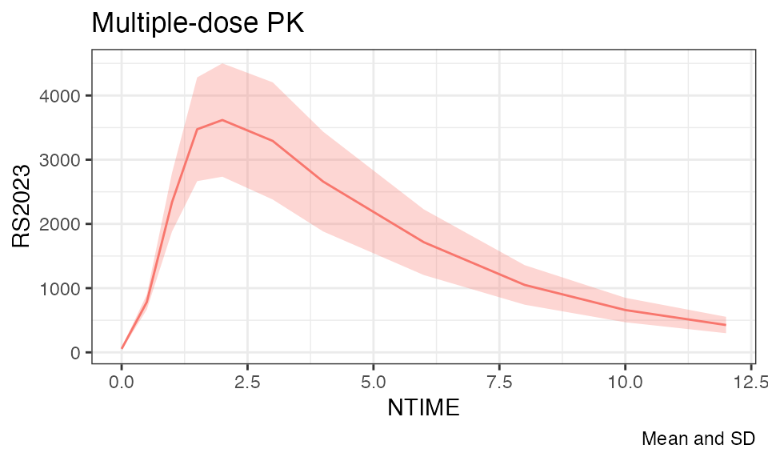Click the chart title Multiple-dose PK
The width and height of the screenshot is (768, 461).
click(x=198, y=23)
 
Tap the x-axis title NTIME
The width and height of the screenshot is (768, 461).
click(x=423, y=408)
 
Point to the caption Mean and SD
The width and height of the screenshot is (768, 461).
click(x=698, y=439)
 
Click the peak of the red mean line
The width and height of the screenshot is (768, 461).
click(x=222, y=120)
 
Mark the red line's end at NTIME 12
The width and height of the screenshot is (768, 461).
click(x=726, y=325)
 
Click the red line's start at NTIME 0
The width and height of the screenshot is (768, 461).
click(x=122, y=348)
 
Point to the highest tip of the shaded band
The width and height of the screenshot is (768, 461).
click(x=222, y=63)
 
